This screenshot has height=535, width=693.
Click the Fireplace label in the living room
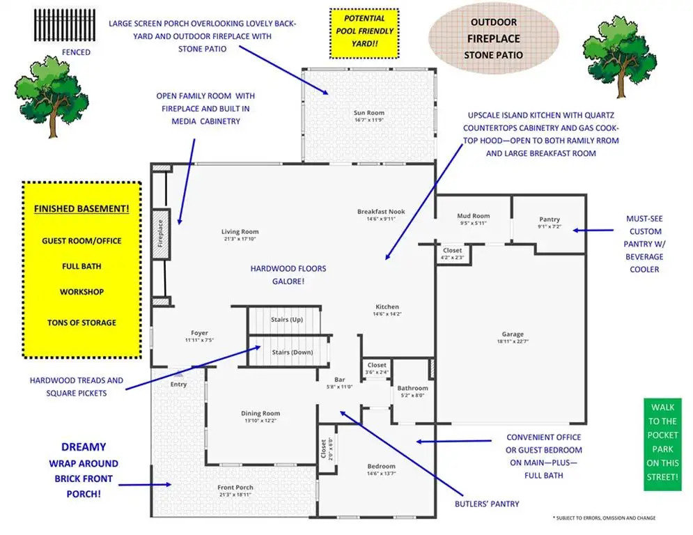tap(160, 233)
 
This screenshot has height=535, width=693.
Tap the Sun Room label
tap(369, 113)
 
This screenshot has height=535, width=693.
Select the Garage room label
tap(513, 334)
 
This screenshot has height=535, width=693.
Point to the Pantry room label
tap(550, 219)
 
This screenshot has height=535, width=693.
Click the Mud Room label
tap(474, 216)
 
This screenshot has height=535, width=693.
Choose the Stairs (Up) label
tap(287, 319)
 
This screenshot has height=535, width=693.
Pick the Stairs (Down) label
tap(292, 352)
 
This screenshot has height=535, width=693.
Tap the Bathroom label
tap(412, 388)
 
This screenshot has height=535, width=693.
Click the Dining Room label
tap(260, 413)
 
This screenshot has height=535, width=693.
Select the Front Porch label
tap(235, 487)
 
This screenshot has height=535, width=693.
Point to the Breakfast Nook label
tap(381, 211)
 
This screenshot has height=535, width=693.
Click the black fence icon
tap(65, 25)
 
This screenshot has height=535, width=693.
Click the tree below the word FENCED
tap(52, 96)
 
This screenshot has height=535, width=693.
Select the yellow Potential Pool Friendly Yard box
tap(364, 33)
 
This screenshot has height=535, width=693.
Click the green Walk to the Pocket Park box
tap(662, 444)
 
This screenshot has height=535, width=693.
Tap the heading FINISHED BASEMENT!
tap(81, 209)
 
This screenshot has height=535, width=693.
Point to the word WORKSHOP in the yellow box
tap(81, 292)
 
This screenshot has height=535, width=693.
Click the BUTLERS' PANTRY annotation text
tap(487, 504)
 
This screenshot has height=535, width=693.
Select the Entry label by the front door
tap(178, 385)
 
